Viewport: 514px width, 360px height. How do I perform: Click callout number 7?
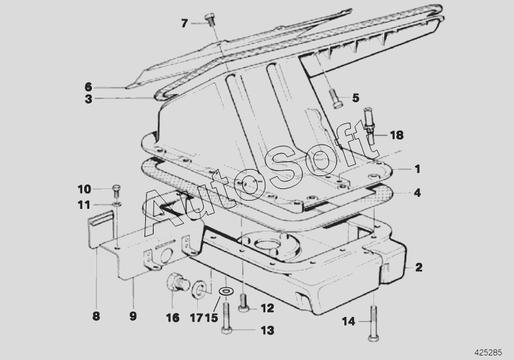coord(184,23)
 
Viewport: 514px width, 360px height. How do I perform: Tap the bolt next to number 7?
coord(209,19)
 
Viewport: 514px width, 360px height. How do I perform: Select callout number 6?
coord(89,86)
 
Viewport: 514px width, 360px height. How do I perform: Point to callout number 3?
coord(89,99)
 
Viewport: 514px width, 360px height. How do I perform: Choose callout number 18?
coord(396,135)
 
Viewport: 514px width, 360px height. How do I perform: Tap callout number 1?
coord(417,169)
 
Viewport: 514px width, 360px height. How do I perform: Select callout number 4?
coord(417,192)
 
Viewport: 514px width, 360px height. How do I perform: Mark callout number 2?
coord(419,267)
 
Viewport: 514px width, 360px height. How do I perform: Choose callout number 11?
coord(85,205)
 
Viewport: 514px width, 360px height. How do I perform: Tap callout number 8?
coord(96,316)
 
